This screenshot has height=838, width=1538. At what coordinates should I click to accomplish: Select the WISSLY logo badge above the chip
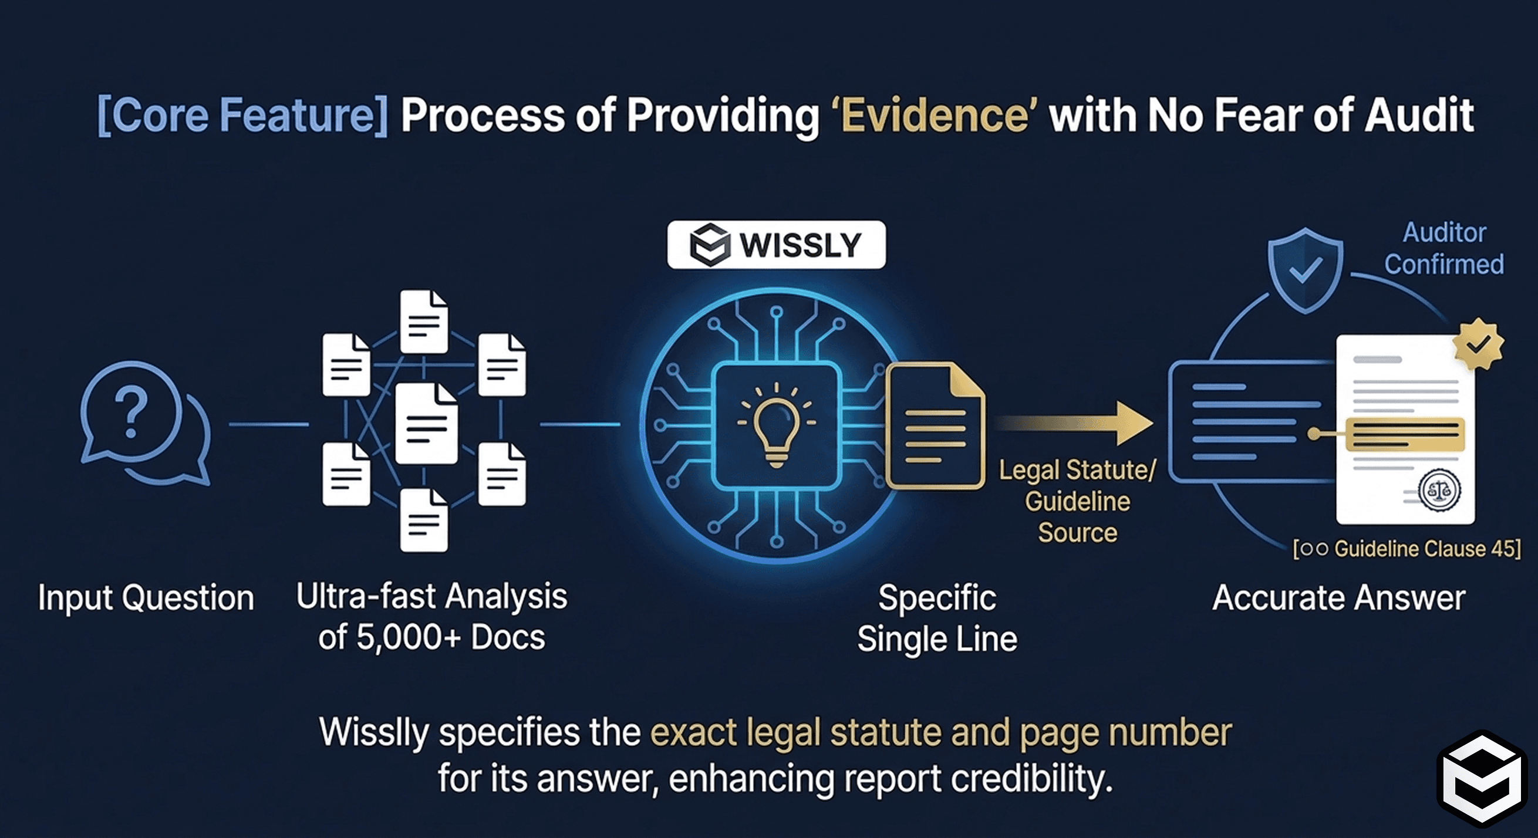click(775, 245)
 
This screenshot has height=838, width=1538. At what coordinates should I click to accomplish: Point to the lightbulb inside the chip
click(775, 425)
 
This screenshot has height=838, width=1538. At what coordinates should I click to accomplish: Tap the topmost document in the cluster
click(423, 320)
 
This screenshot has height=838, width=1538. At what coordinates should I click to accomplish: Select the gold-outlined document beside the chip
click(935, 426)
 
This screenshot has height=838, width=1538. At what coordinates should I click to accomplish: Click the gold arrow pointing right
click(1075, 423)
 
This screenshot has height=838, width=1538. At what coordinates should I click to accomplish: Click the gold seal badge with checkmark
click(1478, 344)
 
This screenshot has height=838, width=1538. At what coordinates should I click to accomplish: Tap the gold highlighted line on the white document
click(1404, 434)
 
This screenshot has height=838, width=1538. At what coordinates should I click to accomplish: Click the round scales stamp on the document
click(1439, 490)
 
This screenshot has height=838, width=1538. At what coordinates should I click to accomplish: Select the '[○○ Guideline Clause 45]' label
click(1406, 549)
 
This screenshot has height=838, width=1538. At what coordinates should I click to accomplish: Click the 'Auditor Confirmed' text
click(1443, 248)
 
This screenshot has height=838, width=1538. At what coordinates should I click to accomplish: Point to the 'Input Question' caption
click(146, 597)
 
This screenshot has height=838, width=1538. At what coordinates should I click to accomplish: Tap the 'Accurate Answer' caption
click(1338, 597)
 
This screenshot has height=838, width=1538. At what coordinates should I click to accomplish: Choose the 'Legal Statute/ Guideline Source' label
click(1077, 501)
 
